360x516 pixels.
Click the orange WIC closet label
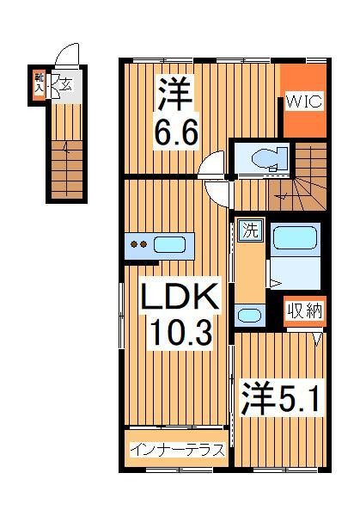pyautogui.click(x=303, y=102)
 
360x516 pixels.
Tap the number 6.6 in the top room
pyautogui.click(x=176, y=133)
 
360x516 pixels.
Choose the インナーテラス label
pyautogui.click(x=177, y=449)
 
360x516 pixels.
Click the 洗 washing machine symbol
pyautogui.click(x=248, y=230)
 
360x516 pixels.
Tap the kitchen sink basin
pyautogui.click(x=168, y=243)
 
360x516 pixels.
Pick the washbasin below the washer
pyautogui.click(x=249, y=315)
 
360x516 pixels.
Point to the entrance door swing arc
pyautogui.click(x=65, y=58)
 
